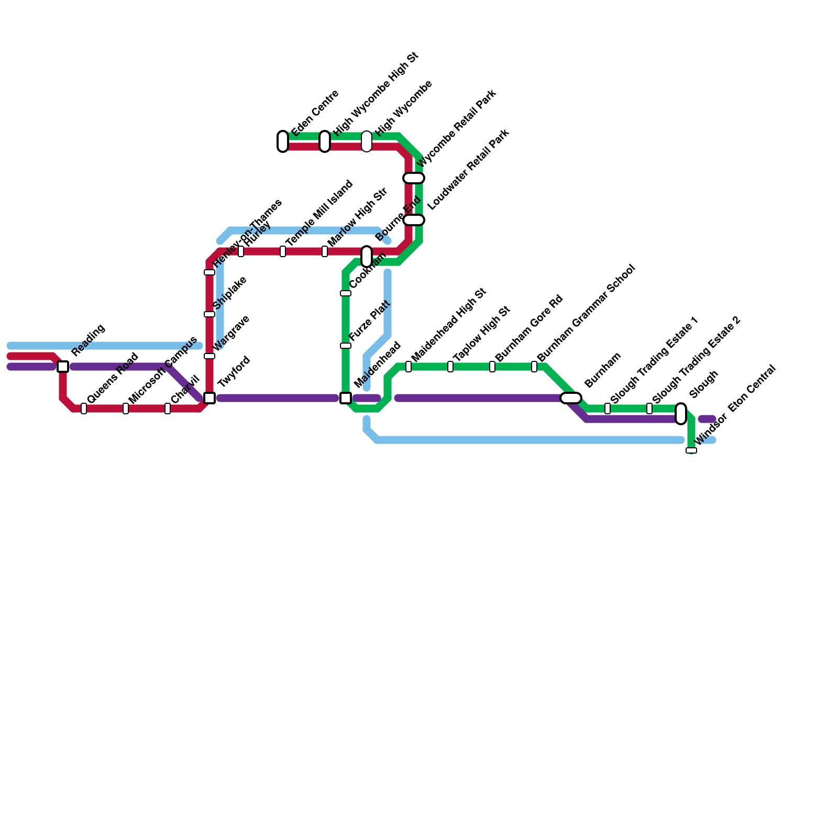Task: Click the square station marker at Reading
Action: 63,367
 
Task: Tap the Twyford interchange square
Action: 210,398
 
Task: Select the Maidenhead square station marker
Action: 346,398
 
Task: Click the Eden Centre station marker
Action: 283,141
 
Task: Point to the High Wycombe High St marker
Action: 325,141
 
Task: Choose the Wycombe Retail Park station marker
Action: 414,178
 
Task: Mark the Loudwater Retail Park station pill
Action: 414,220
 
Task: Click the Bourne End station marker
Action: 367,257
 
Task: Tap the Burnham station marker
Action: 571,398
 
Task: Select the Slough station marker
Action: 681,414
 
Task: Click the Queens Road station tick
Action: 84,409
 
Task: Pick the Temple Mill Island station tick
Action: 283,251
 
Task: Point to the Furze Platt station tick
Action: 346,346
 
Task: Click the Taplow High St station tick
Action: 450,367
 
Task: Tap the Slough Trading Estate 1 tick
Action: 608,409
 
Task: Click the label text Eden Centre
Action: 315,113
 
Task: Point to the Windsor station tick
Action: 691,450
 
